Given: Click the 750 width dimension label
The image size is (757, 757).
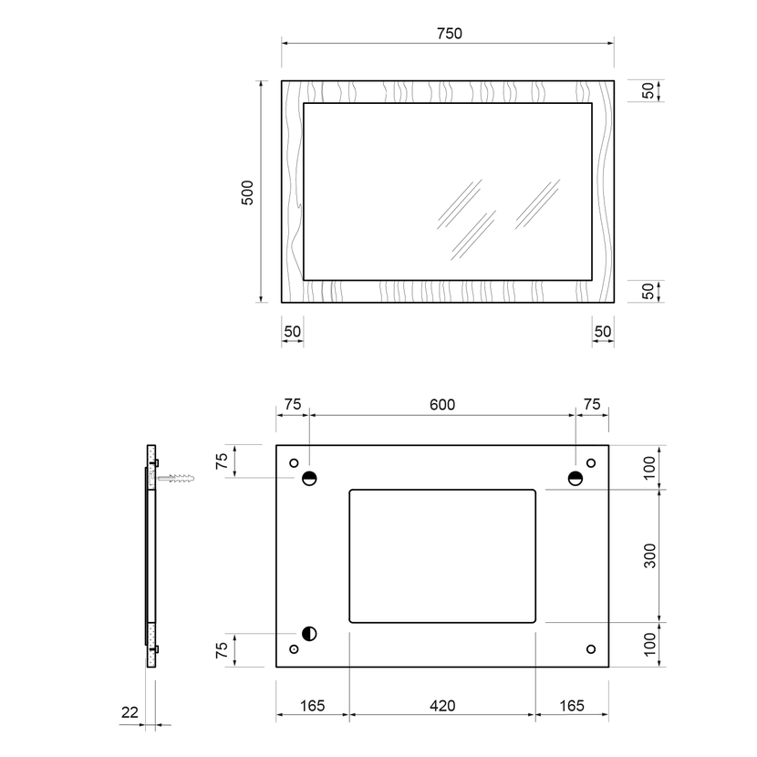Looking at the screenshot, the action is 450,34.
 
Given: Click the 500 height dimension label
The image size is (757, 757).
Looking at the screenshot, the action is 247,192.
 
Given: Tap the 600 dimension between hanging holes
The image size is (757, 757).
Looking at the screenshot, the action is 442,405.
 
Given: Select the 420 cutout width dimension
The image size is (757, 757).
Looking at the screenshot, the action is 442,706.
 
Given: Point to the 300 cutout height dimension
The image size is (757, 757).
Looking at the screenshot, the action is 649,555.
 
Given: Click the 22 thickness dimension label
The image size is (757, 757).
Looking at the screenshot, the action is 130,712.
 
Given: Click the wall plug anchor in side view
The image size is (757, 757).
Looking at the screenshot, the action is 176,479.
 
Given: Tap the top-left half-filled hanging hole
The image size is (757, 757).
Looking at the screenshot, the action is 309,479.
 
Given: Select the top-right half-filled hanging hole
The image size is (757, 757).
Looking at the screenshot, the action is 576,479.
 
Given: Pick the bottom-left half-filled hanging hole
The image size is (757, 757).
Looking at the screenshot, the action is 309,633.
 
